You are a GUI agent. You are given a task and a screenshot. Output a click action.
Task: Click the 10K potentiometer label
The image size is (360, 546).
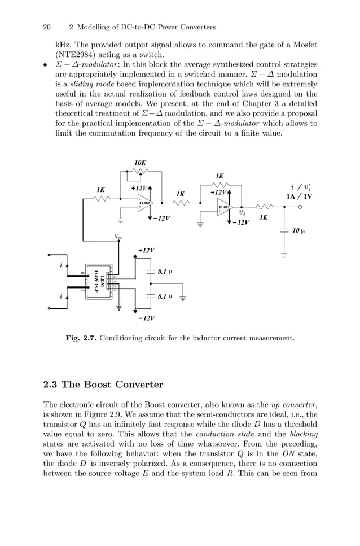tap(141, 163)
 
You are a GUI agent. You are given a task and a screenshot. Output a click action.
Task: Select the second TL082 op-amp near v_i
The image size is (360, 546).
tap(225, 207)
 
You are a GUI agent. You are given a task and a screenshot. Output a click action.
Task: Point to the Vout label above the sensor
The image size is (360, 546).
tap(118, 237)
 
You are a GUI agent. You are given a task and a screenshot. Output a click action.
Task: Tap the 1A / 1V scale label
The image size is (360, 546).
tap(299, 196)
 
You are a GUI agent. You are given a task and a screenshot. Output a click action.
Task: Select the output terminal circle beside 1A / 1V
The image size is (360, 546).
tap(300, 207)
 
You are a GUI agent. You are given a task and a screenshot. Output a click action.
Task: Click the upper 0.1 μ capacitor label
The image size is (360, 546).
tap(165, 272)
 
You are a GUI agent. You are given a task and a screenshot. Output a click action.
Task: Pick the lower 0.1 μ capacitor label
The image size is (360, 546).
tap(165, 296)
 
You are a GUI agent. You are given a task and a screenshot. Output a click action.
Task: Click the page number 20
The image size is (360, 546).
tap(47, 27)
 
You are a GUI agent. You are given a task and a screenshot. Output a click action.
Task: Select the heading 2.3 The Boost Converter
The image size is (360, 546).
tap(103, 385)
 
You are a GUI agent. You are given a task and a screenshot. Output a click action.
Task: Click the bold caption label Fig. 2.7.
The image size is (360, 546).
tap(80, 338)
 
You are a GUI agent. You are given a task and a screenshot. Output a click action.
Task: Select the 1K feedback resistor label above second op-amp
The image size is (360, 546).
tap(220, 176)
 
